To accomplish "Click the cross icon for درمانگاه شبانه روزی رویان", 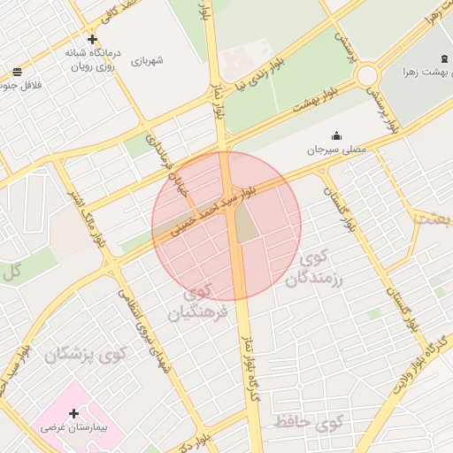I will click(x=92, y=39).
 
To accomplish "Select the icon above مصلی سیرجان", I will click(x=336, y=135).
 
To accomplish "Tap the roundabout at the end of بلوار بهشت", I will click(x=368, y=76).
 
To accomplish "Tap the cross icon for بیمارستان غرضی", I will click(x=73, y=413).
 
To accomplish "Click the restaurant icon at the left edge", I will click(x=17, y=73).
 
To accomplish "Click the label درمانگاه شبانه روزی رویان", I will click(x=91, y=59).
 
